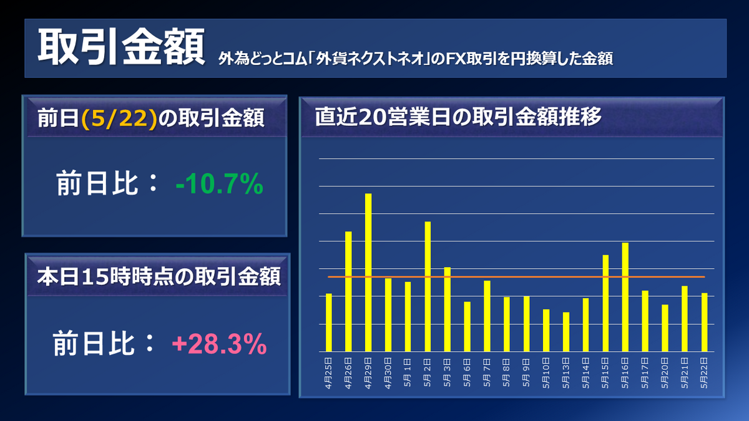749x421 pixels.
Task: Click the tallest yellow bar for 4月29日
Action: (368, 273)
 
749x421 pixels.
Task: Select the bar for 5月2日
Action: (428, 286)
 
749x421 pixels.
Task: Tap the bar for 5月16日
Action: (625, 297)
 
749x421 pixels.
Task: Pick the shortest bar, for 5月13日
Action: (565, 332)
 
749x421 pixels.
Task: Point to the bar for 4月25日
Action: (329, 322)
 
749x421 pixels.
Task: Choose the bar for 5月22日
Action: (704, 322)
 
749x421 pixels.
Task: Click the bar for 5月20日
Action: (665, 328)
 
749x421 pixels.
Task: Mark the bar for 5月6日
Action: (467, 327)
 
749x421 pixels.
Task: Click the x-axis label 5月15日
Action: (605, 373)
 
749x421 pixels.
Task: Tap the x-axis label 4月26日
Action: (348, 373)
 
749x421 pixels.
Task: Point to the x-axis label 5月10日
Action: (546, 373)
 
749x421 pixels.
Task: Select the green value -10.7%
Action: (219, 185)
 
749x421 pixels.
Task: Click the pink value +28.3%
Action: (219, 344)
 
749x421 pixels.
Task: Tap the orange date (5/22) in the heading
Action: (119, 119)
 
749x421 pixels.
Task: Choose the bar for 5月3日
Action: (447, 309)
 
